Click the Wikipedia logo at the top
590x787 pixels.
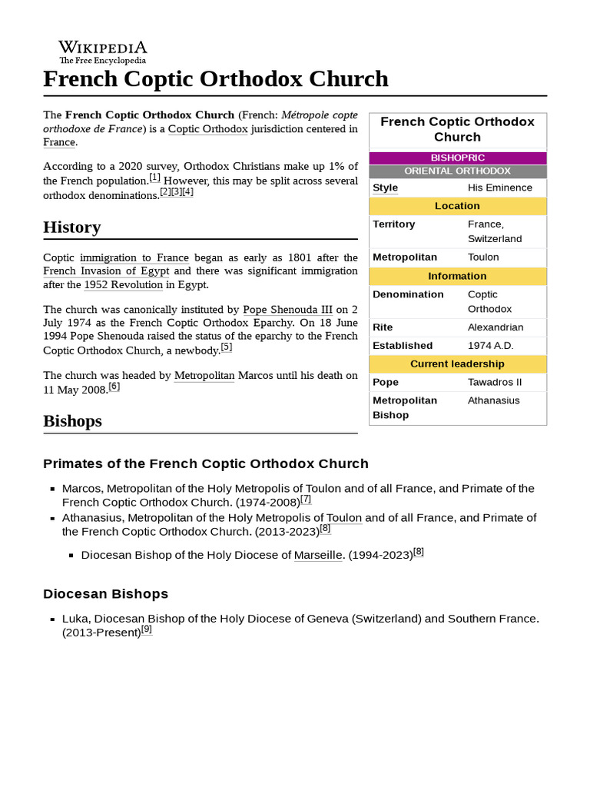[103, 51]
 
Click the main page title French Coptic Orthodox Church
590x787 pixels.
[216, 79]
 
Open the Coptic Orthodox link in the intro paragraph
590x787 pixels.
[207, 128]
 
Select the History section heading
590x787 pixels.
[72, 227]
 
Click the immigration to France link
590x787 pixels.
[134, 257]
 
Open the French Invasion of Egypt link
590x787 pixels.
[106, 271]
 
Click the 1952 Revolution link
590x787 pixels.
[123, 285]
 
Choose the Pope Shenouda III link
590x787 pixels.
[287, 310]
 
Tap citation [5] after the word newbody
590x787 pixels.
[226, 347]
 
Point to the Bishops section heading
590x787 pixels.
[72, 421]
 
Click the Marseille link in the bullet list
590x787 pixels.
[318, 555]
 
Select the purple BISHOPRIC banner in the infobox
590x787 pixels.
[458, 158]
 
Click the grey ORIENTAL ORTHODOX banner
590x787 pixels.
[458, 171]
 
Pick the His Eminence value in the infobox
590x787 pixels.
[499, 188]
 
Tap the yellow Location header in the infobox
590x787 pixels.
[458, 206]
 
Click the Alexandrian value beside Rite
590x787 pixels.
[496, 327]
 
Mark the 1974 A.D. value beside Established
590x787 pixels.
[491, 346]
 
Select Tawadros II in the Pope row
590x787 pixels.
[495, 382]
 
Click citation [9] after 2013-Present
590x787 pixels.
[147, 629]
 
